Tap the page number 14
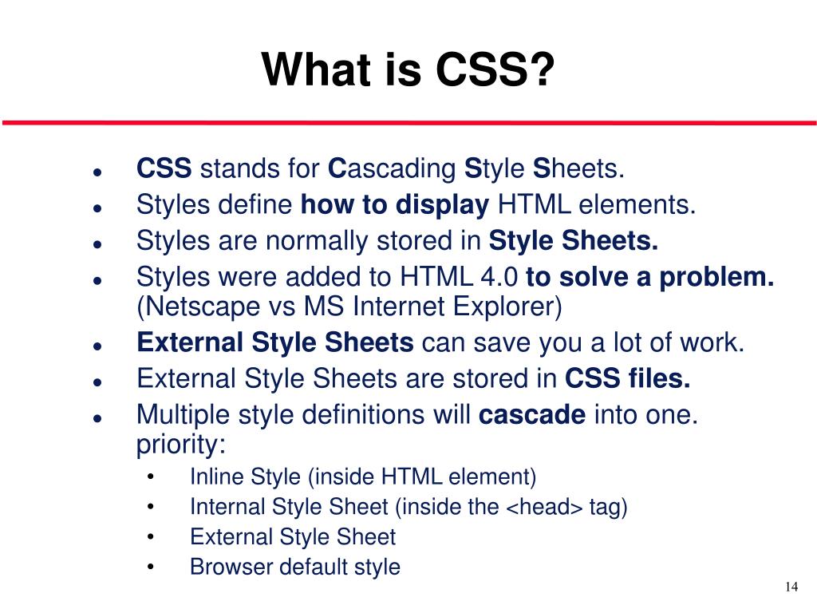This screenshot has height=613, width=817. tap(791, 587)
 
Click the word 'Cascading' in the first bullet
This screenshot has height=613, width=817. tap(392, 169)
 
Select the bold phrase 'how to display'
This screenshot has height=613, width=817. tap(394, 205)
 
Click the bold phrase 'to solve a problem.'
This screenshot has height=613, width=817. tap(650, 277)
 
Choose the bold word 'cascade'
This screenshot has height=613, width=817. tap(532, 415)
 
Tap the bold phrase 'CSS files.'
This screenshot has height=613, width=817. tap(628, 378)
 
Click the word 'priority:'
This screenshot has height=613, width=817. tap(181, 444)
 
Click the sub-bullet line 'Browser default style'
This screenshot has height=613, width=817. tap(294, 568)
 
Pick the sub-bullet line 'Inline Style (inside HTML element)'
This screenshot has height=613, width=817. tap(363, 477)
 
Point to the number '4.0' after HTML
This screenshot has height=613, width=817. tap(500, 277)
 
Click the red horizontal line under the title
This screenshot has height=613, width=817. tap(408, 123)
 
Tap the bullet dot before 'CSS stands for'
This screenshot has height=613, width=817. tap(96, 172)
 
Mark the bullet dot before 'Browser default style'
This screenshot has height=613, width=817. tap(152, 568)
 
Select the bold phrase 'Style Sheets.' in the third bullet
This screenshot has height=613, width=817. tap(574, 241)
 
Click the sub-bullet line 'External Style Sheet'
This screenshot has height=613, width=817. tap(292, 537)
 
